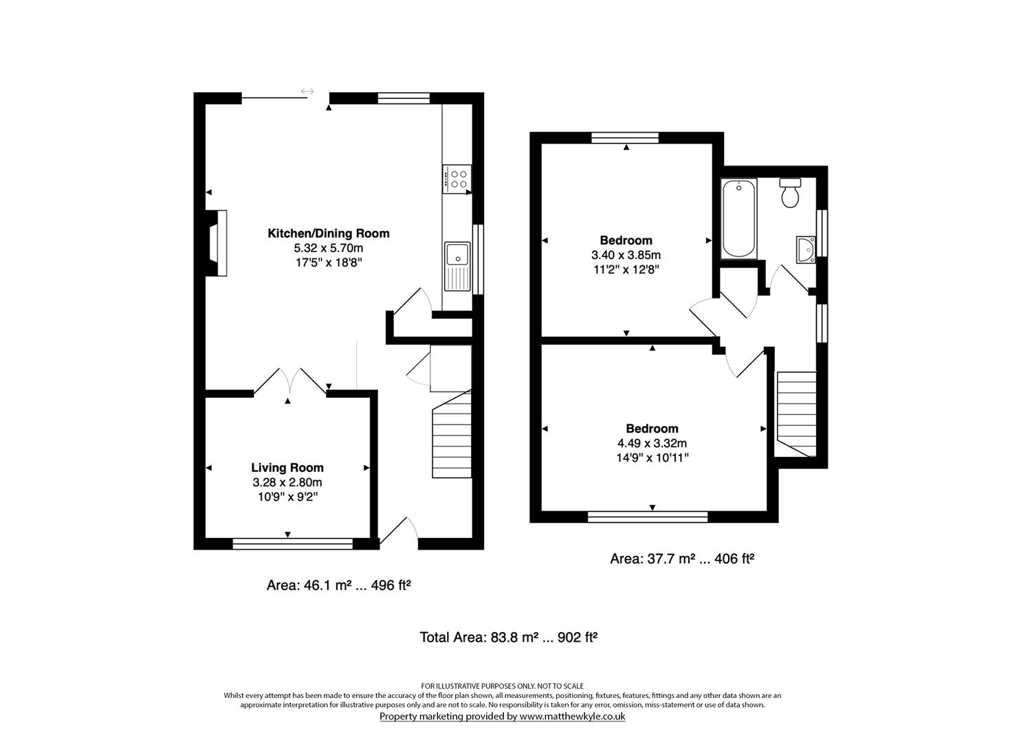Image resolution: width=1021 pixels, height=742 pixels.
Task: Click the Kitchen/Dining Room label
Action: point(328,234)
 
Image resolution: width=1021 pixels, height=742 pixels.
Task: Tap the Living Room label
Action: point(287,468)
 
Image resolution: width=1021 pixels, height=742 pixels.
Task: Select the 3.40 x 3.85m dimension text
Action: point(626,255)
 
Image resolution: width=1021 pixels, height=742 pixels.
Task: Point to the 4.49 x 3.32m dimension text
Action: point(652,443)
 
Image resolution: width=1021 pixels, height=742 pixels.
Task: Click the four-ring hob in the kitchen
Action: point(457,179)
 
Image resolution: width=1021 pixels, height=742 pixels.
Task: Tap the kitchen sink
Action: point(457,267)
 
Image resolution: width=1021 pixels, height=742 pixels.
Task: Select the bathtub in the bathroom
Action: point(738,218)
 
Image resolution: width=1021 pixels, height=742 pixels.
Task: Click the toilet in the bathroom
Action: point(790,192)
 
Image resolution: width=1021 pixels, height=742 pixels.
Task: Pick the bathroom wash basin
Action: point(806,249)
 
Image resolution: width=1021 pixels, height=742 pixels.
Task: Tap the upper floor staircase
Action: point(796,414)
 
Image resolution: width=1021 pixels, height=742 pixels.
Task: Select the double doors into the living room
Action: point(290,381)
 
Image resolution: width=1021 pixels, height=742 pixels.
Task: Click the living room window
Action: point(293,543)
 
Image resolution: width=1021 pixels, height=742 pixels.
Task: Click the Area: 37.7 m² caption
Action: point(652,559)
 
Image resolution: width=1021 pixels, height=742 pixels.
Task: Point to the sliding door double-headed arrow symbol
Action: point(307,91)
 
